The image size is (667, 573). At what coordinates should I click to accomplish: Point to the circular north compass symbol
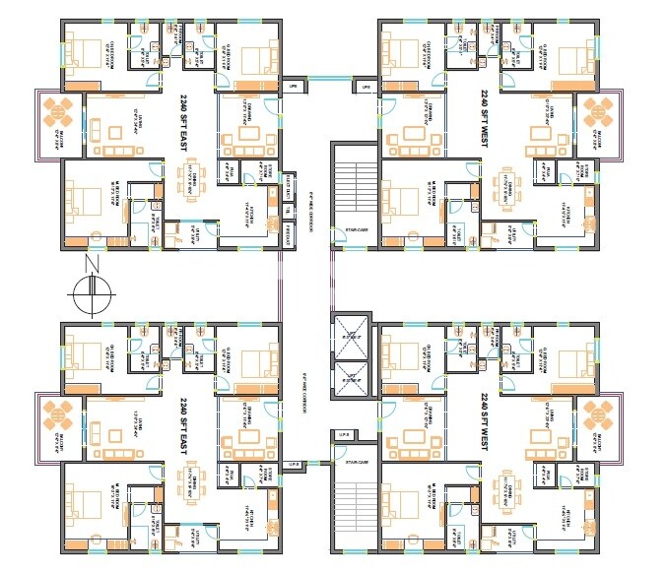[x=92, y=292]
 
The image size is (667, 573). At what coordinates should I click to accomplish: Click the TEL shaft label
[x=287, y=209]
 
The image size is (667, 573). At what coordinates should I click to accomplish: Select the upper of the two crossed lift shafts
[x=349, y=337]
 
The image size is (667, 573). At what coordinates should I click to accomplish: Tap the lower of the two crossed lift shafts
[x=349, y=380]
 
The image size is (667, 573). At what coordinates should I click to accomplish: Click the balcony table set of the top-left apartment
[x=56, y=114]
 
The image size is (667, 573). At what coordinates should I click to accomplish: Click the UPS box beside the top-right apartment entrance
[x=366, y=88]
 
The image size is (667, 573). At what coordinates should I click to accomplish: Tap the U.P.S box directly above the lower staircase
[x=344, y=434]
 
